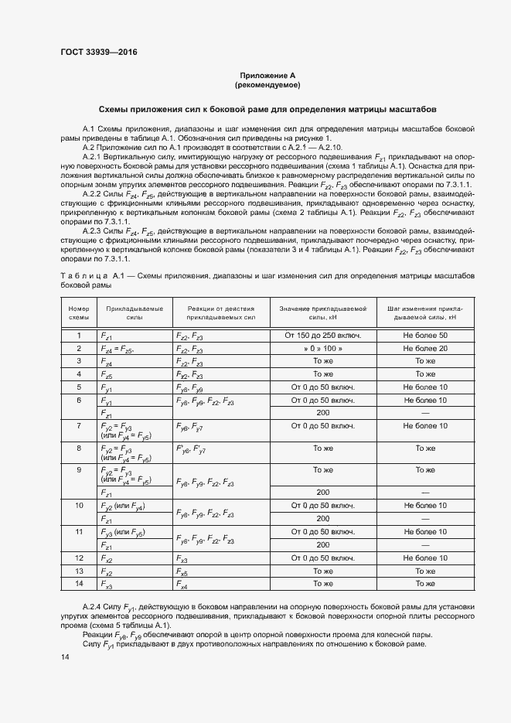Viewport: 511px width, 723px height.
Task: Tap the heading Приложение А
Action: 267,75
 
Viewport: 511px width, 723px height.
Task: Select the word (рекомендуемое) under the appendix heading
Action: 267,84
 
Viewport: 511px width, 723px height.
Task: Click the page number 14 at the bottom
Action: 64,656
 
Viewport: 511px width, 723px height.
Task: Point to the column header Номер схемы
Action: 79,312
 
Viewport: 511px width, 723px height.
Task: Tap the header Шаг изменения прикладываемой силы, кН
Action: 420,312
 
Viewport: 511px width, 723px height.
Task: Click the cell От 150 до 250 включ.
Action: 322,336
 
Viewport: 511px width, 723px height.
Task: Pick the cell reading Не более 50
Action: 420,336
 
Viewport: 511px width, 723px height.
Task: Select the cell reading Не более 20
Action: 420,349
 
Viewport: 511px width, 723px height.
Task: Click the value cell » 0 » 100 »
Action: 322,349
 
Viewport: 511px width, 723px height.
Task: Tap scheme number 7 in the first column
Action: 79,426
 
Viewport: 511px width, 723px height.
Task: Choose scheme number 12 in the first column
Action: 79,558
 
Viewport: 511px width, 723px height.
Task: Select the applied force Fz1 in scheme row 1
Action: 107,336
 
